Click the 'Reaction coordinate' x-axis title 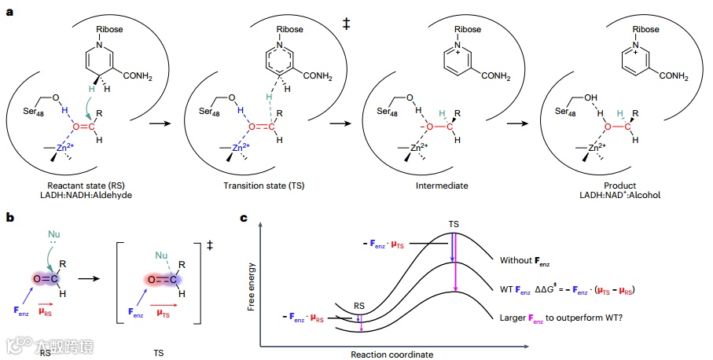point(393,354)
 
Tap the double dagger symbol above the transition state point(346,24)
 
